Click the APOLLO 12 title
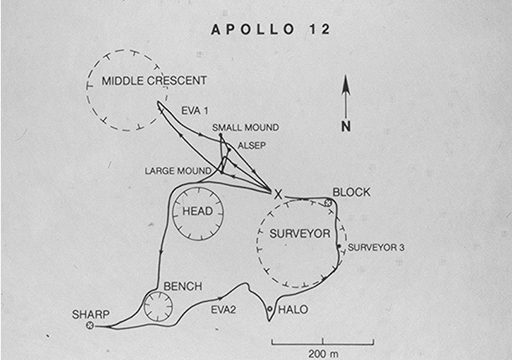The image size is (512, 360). tap(270, 30)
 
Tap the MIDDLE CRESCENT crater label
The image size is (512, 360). tap(154, 81)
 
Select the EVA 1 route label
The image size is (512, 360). tap(194, 111)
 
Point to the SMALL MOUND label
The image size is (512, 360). tap(246, 127)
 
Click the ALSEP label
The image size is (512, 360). tap(251, 146)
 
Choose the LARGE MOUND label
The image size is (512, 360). tap(178, 171)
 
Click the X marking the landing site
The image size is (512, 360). tap(278, 195)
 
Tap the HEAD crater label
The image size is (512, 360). tap(198, 211)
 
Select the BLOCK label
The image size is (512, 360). tap(351, 193)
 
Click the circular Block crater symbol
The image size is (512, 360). tap(328, 203)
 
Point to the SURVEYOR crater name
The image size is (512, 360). tap(300, 234)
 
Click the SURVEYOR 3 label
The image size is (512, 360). tap(376, 248)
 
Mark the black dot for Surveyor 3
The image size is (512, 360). tap(339, 246)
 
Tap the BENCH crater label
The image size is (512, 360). tap(183, 286)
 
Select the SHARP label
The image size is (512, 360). tap(90, 314)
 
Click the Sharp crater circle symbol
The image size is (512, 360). tap(90, 326)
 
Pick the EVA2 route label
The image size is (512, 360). tap(223, 310)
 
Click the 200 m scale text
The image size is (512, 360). tap(323, 354)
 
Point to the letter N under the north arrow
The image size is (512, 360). tap(346, 126)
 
